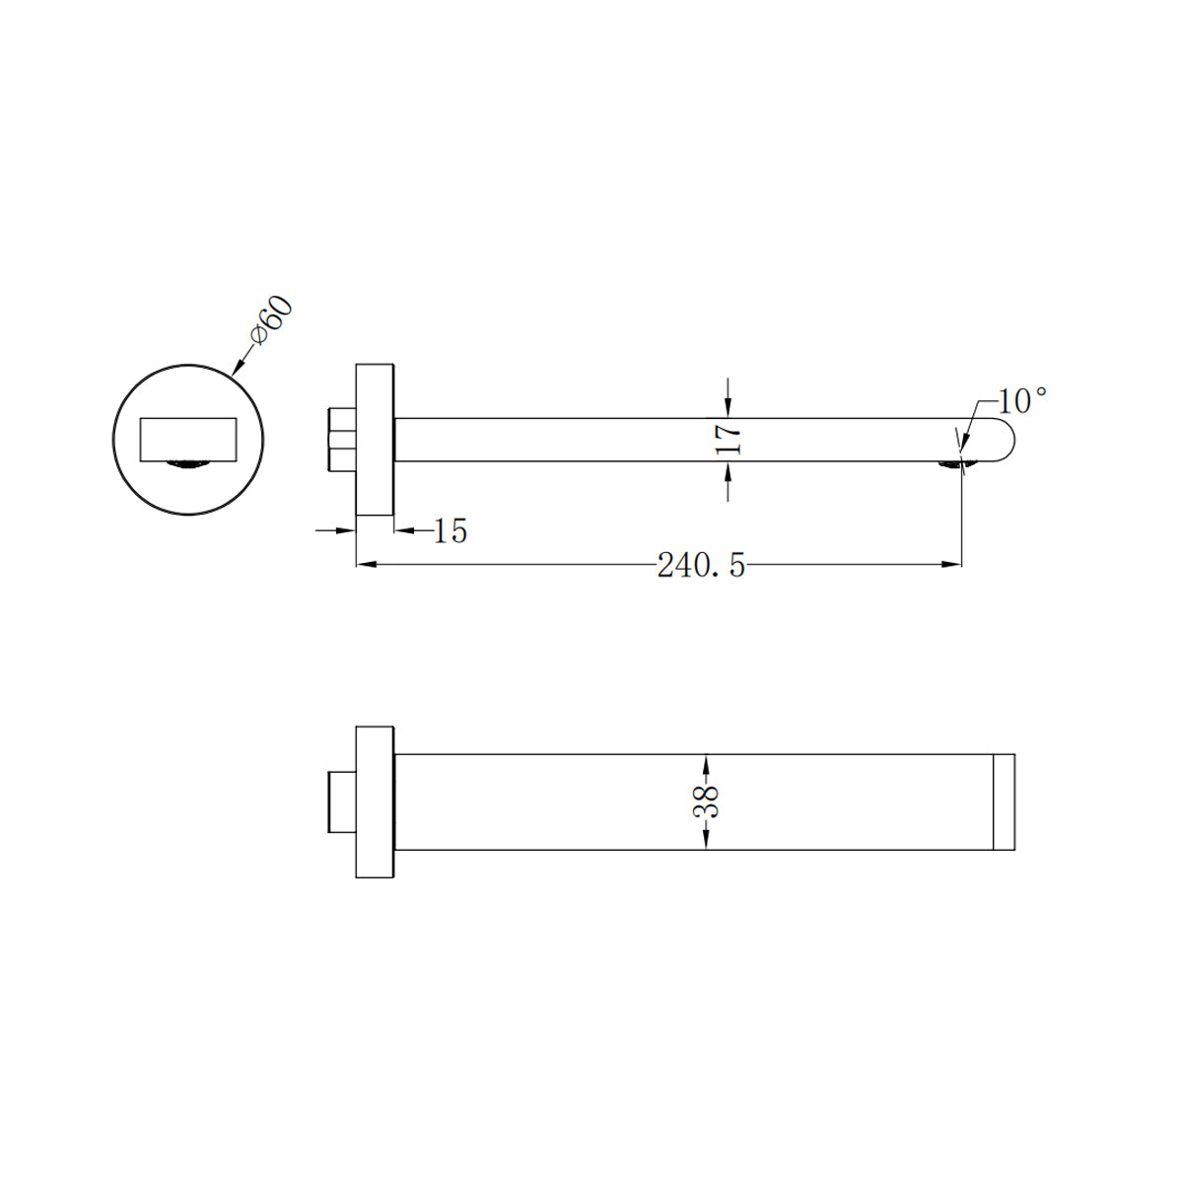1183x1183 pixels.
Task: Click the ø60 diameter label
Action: click(271, 319)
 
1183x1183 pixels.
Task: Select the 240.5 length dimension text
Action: click(701, 566)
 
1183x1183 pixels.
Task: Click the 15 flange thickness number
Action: click(450, 531)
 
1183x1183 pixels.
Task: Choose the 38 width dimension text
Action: click(706, 801)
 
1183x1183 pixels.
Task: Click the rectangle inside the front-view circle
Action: click(189, 439)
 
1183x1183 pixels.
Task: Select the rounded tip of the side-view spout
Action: click(998, 440)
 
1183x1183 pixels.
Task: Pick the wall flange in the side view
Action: click(375, 439)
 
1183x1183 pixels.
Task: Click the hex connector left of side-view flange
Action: click(340, 439)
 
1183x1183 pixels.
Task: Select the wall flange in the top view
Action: click(375, 801)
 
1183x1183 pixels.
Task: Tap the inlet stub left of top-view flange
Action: click(340, 801)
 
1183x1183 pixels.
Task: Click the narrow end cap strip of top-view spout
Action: click(1004, 801)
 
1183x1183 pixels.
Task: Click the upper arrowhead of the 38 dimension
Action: click(706, 762)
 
